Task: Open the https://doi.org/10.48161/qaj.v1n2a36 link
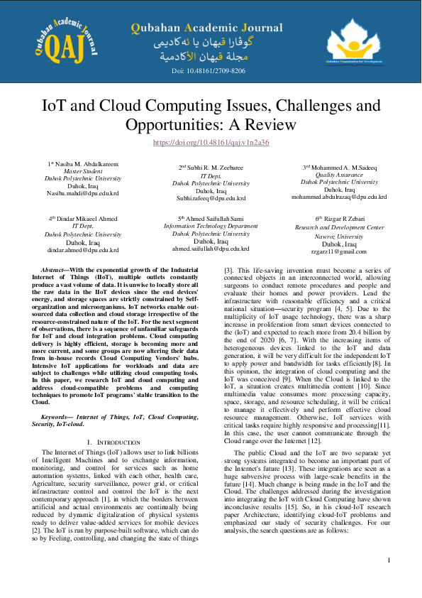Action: (211, 142)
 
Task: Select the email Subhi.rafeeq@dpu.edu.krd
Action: (211, 198)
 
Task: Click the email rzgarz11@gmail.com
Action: (339, 251)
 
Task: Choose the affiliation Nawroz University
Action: (339, 236)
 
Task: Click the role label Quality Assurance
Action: (339, 175)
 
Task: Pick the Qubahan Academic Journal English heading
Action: (206, 28)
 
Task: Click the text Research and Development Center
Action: (339, 227)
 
